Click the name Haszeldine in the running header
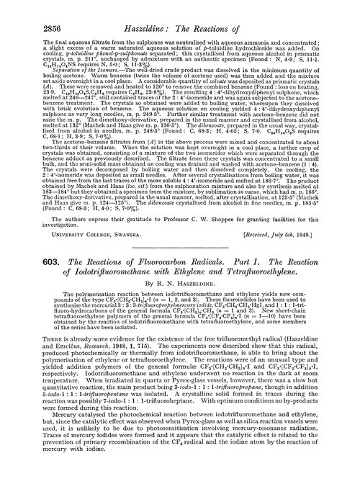pos(148,9)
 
